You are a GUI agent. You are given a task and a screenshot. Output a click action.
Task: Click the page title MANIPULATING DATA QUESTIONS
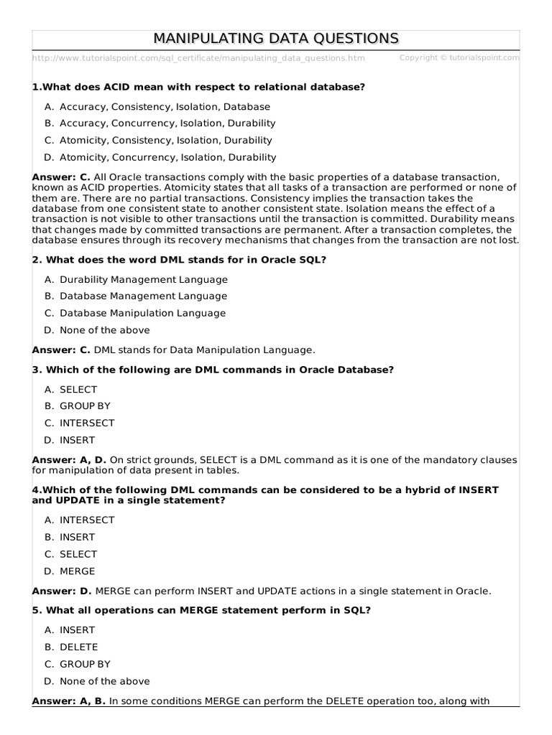276,38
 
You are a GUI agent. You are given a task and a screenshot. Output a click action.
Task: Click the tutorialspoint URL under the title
198,58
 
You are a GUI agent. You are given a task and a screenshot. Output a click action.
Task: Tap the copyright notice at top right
459,57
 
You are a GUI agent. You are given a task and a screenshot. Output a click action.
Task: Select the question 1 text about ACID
199,87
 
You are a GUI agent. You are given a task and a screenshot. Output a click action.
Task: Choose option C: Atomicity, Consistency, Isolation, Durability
165,141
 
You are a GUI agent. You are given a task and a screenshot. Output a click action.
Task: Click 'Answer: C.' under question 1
61,177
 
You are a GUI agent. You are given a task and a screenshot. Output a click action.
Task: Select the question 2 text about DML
180,260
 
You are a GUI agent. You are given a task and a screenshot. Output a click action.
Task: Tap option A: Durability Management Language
143,279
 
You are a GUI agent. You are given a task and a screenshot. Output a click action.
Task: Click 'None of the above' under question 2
105,330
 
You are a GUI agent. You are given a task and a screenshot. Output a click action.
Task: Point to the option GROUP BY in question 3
85,406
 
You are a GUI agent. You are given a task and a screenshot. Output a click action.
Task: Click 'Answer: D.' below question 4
62,591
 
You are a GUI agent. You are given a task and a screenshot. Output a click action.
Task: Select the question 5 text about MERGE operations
201,611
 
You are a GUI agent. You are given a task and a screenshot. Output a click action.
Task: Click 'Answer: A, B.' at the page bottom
69,701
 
